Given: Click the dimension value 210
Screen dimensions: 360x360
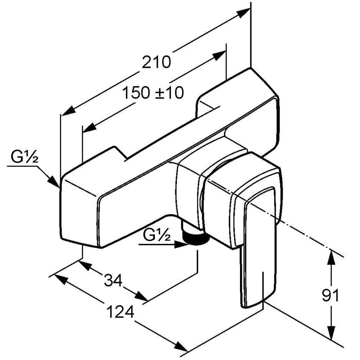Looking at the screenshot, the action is [x=156, y=62].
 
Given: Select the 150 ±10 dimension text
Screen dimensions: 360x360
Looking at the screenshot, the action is [x=153, y=93].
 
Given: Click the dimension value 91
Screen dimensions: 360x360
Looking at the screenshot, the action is [x=330, y=296].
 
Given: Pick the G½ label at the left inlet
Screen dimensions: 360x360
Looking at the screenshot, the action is [x=24, y=157].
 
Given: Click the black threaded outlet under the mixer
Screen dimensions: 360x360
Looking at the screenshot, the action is [x=196, y=239].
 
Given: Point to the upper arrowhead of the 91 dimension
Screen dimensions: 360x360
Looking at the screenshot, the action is [x=331, y=258].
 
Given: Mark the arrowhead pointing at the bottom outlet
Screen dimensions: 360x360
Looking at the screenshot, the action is [x=181, y=245].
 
